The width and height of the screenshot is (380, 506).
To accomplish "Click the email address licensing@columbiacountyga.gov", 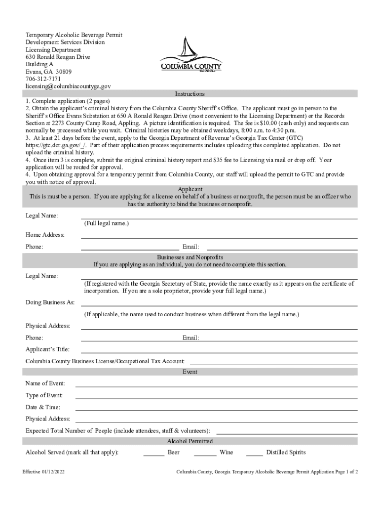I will coord(68,86).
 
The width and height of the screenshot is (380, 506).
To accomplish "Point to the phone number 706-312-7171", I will coord(43,79).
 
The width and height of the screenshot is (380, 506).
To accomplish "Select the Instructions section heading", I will coord(190,94).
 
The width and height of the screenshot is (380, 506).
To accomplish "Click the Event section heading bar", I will coord(190,372).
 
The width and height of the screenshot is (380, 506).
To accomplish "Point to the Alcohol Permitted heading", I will coord(190,441).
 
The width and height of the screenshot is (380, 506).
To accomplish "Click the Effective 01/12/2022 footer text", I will coord(43,472).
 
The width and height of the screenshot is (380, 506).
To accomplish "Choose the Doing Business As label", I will coord(50,302).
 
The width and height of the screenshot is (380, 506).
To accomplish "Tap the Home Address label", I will coord(45,235).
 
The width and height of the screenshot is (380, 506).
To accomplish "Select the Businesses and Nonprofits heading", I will coord(190,257).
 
